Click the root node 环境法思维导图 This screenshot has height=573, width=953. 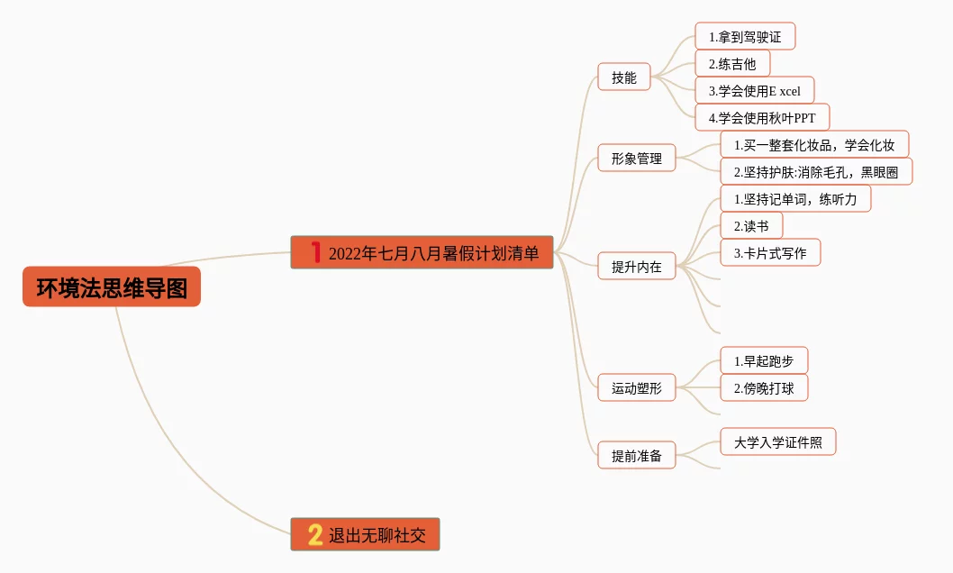pos(112,287)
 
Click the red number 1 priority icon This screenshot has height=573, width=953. pos(315,253)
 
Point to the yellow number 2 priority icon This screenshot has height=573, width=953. pos(315,535)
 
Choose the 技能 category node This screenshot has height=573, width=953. pos(624,77)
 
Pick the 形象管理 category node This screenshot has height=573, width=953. pos(637,159)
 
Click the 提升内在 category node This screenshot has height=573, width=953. pos(637,267)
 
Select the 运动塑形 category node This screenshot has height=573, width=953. pos(637,388)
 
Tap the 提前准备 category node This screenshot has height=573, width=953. pos(637,456)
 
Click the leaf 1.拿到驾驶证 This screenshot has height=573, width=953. pos(745,37)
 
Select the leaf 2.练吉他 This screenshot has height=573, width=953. pos(732,64)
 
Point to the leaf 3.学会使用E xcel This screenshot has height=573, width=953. pos(754,91)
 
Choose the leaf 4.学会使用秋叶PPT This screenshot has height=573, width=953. pos(762,117)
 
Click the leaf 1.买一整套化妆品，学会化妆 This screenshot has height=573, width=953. pos(814,145)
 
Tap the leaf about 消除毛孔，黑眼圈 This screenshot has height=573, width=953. pos(816,172)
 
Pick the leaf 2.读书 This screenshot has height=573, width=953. pos(751,226)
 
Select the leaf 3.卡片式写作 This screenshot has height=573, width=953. pos(770,253)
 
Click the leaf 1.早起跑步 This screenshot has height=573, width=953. pos(764,361)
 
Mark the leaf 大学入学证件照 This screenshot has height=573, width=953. pos(778,442)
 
